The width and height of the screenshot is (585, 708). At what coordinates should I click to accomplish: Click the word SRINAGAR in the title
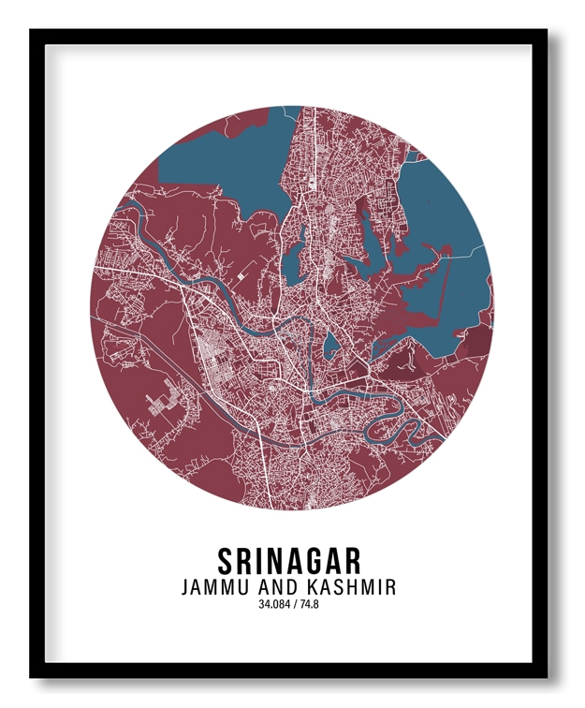pos(289,560)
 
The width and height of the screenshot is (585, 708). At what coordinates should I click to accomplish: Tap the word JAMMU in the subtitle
pos(218,587)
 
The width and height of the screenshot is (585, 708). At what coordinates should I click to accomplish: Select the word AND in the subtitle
pos(279,587)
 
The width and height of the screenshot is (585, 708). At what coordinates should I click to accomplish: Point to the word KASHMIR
pos(350,587)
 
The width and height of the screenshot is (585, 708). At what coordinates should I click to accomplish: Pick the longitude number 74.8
pos(312,605)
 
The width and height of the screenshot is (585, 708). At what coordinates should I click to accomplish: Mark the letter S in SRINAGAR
pos(226,560)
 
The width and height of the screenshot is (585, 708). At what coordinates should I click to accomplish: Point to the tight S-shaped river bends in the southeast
pos(393,426)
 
